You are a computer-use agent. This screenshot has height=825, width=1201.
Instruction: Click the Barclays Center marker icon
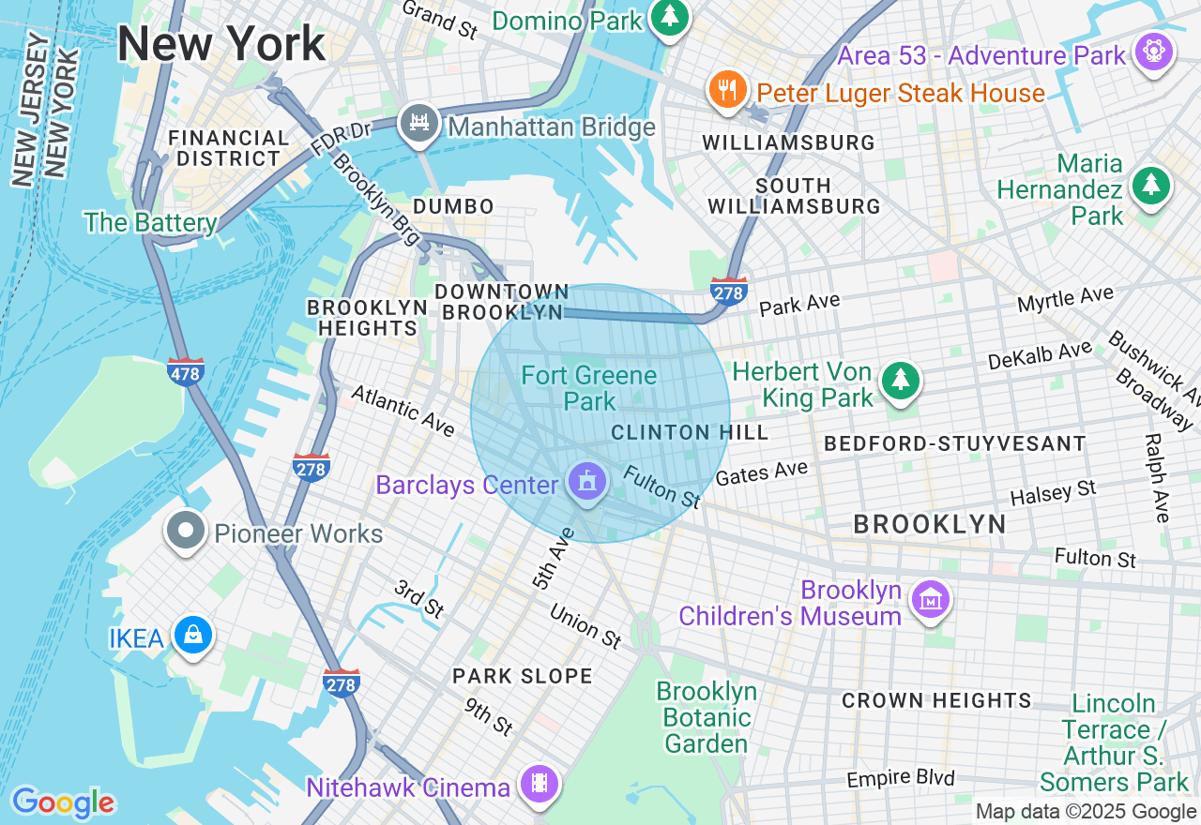coord(587,483)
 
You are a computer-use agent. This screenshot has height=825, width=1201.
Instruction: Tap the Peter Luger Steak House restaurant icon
coord(726,90)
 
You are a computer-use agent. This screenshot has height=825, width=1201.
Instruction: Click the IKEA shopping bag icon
coord(192,635)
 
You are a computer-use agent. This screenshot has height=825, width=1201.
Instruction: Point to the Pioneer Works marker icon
coord(186,531)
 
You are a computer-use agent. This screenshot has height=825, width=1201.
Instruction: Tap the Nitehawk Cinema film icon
coord(539,784)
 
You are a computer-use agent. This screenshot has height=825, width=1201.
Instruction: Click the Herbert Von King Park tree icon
coord(901,380)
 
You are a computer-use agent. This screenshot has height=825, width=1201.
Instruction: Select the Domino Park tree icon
coord(669,16)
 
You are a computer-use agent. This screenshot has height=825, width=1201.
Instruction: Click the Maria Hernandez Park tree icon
coord(1150,187)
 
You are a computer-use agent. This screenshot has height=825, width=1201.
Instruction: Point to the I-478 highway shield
coord(186,372)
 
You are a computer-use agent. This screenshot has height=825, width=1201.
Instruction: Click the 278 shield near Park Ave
coord(729,292)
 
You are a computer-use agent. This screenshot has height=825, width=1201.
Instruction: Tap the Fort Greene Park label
coord(589,388)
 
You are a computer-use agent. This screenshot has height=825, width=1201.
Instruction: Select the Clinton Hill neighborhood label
coord(690,432)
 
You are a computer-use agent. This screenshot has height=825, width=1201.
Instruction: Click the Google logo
coord(63,802)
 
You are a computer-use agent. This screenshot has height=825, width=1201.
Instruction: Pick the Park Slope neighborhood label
coord(522,676)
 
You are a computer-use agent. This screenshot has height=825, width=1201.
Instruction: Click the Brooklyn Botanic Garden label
coord(707,718)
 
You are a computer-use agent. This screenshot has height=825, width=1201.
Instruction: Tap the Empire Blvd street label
coord(900,779)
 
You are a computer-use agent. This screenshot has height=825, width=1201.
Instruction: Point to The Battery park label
coord(150,222)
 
